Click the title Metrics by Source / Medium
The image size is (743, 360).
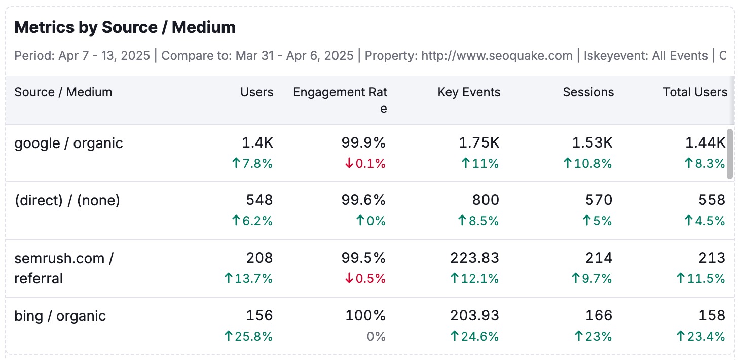pos(125,27)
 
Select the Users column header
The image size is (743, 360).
pos(256,92)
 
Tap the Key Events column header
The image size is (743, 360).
pos(469,92)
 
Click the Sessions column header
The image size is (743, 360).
pos(588,92)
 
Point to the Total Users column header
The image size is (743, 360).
pos(695,92)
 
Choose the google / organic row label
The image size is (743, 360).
pos(68,143)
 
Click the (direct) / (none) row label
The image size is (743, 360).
pos(67,201)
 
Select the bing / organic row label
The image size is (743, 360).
pos(60,316)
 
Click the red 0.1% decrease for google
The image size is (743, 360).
pos(365,164)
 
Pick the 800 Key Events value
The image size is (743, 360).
pos(486,201)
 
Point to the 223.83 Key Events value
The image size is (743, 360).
pos(474,258)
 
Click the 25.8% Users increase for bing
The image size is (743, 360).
pos(248,336)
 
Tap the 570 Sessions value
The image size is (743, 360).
pos(599,201)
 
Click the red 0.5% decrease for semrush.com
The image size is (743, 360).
pos(365,279)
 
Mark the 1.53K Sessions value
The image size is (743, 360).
pos(592,143)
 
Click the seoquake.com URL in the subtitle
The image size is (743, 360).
pos(497,55)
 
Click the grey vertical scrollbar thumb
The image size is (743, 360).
pos(730,154)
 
